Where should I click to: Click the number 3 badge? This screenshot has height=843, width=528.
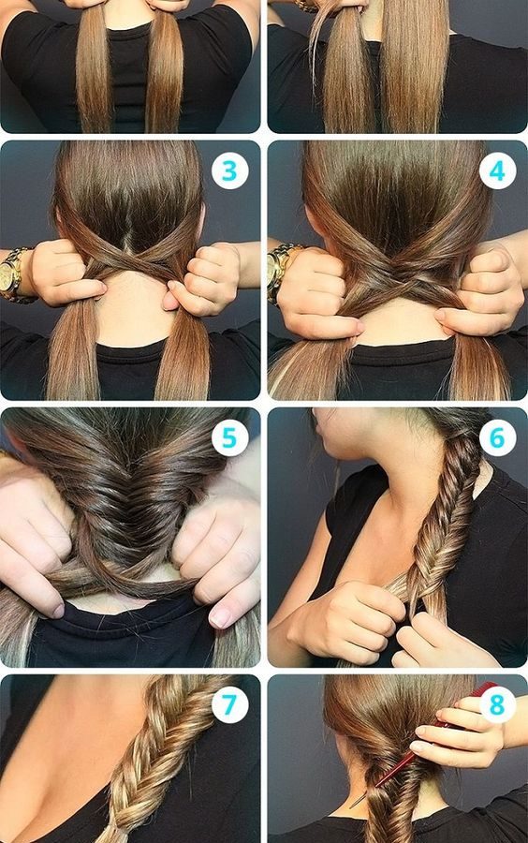(x=230, y=171)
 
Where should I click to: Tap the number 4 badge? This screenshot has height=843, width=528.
(x=497, y=171)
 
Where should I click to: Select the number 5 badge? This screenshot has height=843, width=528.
(x=230, y=437)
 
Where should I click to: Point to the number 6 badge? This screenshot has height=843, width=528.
(x=497, y=437)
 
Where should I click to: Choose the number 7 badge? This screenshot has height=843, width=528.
(x=230, y=704)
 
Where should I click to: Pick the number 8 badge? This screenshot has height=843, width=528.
(x=497, y=704)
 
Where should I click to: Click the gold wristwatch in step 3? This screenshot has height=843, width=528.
(x=13, y=275)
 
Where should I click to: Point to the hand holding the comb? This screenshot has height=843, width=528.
(x=457, y=726)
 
